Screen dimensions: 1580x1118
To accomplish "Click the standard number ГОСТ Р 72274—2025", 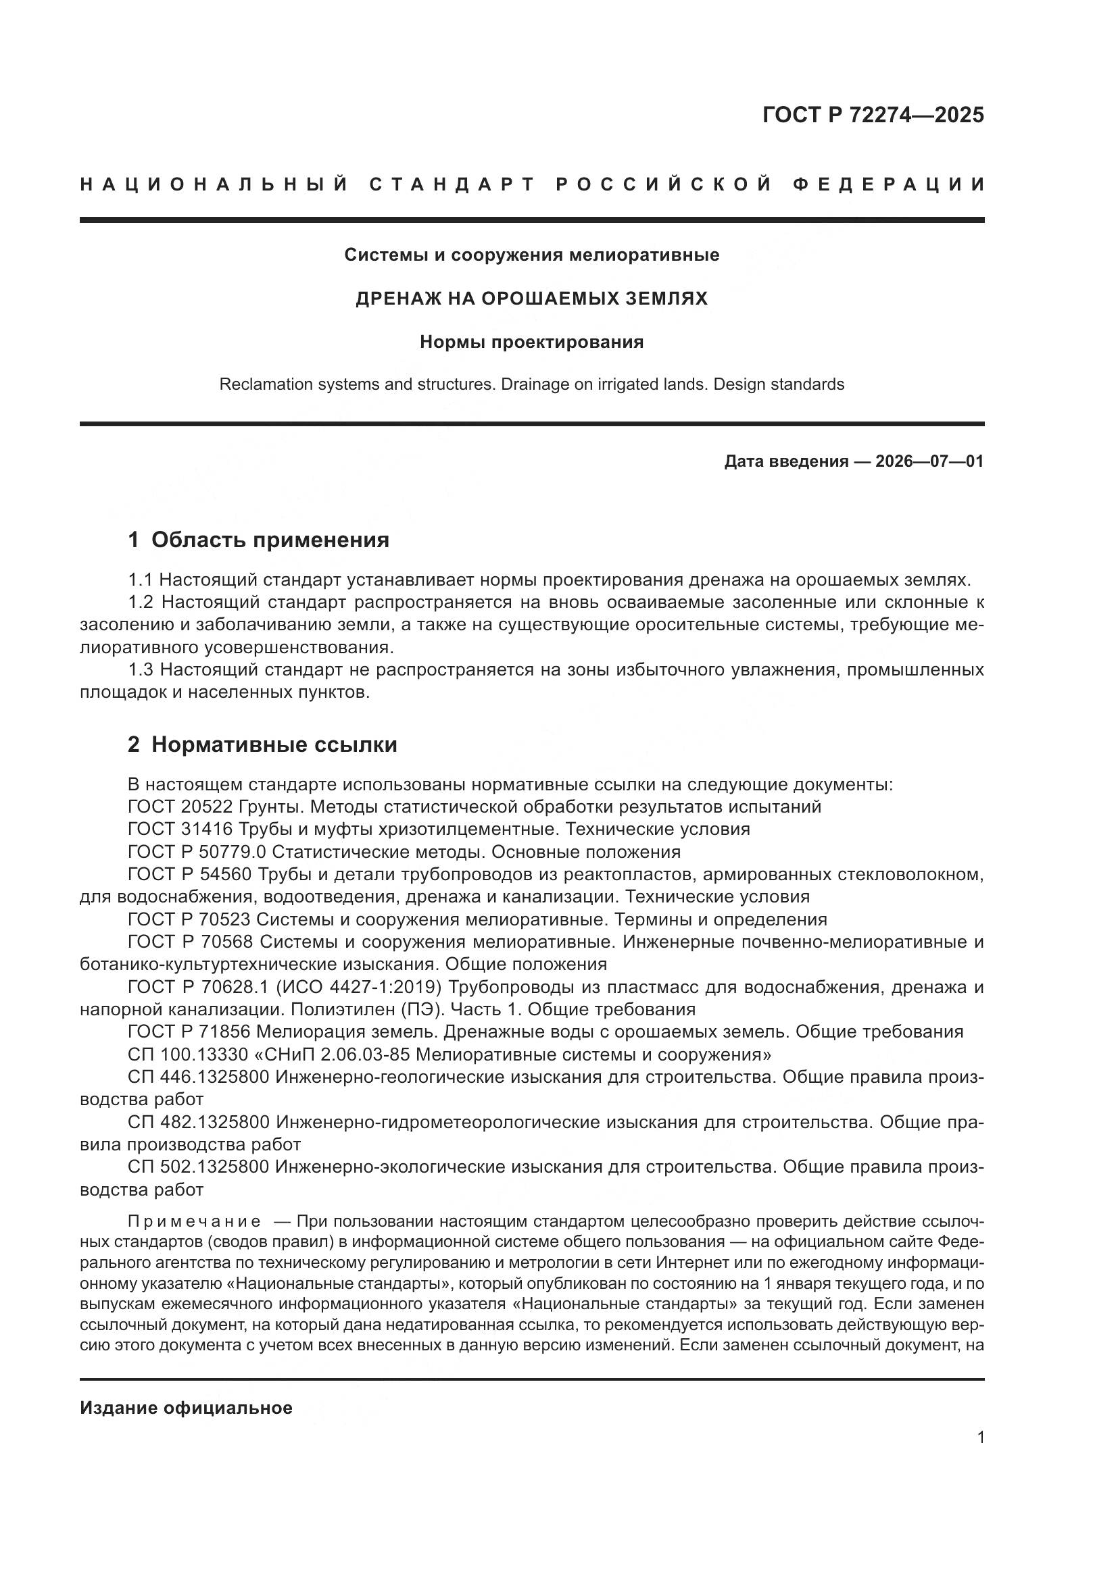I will [x=873, y=115].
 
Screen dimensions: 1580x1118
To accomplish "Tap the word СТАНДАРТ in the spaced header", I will [x=452, y=184].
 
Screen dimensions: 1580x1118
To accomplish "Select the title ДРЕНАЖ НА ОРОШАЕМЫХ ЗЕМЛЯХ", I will [x=531, y=299].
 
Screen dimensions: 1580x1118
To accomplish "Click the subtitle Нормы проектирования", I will [x=531, y=342].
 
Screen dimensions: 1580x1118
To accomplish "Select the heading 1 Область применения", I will [x=258, y=540].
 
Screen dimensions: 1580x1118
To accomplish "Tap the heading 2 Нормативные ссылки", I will [x=262, y=744].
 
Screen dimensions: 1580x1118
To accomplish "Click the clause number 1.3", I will [x=141, y=669].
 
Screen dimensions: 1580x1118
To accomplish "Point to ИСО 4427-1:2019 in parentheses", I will [x=358, y=988].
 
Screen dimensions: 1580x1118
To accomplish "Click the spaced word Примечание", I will [x=194, y=1221].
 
